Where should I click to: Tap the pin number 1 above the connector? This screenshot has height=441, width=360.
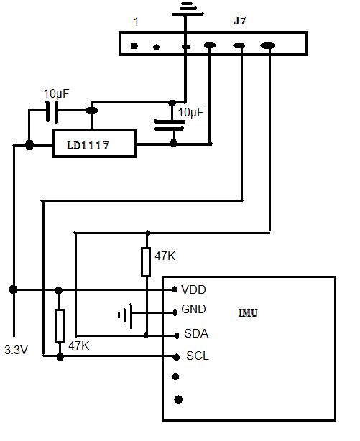tap(136, 22)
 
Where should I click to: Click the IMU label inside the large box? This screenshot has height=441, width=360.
tap(248, 313)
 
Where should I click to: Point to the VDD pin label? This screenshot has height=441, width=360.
tap(193, 289)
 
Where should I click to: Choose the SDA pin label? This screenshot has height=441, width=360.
tap(196, 334)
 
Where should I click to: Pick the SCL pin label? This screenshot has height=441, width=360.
tap(197, 356)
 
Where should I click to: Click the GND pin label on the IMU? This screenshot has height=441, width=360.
tap(194, 310)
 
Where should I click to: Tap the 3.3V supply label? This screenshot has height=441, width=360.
tap(17, 351)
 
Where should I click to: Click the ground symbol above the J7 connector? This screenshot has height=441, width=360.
tap(185, 8)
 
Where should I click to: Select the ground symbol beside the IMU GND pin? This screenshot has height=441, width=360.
tap(125, 313)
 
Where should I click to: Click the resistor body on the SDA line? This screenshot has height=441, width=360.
tap(146, 262)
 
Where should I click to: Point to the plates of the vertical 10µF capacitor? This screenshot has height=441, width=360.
tap(170, 127)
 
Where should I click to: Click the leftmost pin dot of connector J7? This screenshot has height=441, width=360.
tap(134, 47)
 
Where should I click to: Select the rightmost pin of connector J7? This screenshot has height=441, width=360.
tap(268, 47)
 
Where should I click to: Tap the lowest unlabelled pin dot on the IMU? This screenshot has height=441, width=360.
tap(178, 399)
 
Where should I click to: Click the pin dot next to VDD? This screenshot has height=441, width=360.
tap(174, 289)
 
